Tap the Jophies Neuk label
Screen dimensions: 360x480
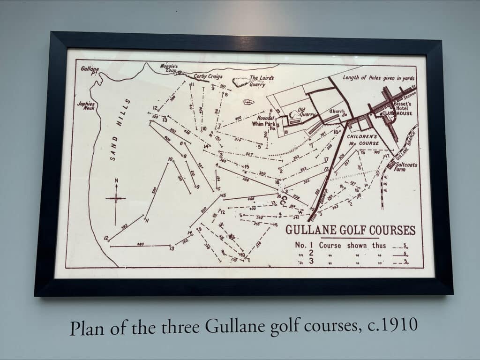point(86,105)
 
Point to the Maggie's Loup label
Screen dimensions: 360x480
point(169,69)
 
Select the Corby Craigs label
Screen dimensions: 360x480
point(208,76)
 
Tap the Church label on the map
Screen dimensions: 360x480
point(337,112)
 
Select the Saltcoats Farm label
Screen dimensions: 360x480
point(406,167)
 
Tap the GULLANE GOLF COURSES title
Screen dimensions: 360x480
point(350,230)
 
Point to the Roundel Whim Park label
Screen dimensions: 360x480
point(262,121)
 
